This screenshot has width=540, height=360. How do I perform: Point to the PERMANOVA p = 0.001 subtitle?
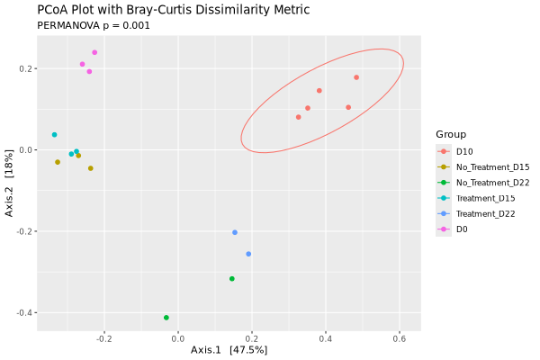pyautogui.click(x=94, y=25)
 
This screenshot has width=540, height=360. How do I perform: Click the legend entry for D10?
pyautogui.click(x=464, y=150)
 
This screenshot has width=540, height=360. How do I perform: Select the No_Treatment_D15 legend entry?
pyautogui.click(x=492, y=166)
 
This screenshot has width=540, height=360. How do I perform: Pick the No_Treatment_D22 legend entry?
pyautogui.click(x=492, y=182)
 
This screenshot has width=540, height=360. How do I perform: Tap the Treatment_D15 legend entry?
pyautogui.click(x=486, y=198)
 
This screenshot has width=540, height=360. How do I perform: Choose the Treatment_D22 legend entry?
pyautogui.click(x=486, y=213)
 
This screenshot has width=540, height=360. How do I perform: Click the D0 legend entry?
pyautogui.click(x=462, y=229)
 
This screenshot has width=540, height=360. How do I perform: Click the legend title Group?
pyautogui.click(x=451, y=134)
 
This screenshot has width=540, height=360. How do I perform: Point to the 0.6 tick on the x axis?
pyautogui.click(x=400, y=339)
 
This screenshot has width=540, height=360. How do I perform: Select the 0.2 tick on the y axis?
pyautogui.click(x=24, y=68)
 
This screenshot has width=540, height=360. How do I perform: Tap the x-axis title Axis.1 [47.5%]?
pyautogui.click(x=229, y=350)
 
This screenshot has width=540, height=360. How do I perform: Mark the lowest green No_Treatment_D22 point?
pyautogui.click(x=166, y=318)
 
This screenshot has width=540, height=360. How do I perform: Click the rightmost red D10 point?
pyautogui.click(x=356, y=77)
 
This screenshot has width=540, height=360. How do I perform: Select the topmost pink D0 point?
pyautogui.click(x=94, y=52)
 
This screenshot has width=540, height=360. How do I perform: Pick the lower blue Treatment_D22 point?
pyautogui.click(x=248, y=254)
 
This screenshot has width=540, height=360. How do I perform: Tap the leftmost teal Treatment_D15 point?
pyautogui.click(x=55, y=135)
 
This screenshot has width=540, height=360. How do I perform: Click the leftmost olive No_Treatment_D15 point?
pyautogui.click(x=58, y=162)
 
